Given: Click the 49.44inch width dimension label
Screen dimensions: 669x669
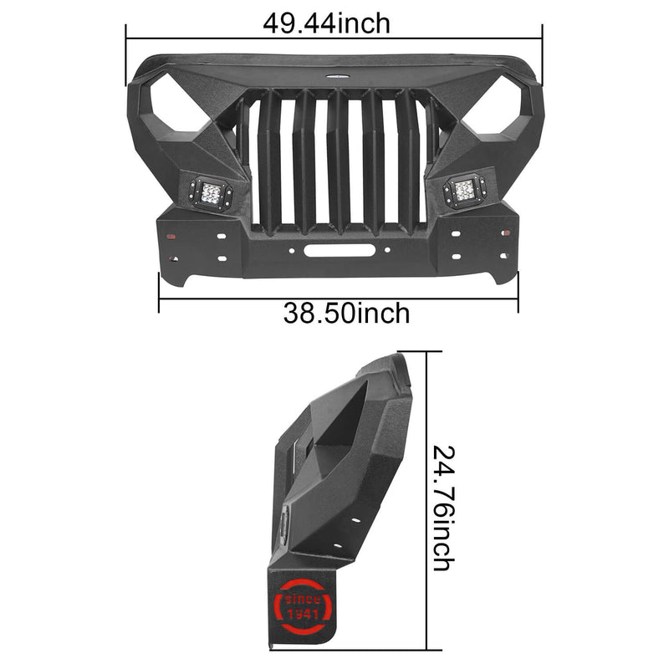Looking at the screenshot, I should click(326, 23).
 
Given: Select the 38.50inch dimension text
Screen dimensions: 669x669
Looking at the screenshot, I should click(346, 314).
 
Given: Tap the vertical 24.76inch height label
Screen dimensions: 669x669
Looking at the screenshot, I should click(444, 508).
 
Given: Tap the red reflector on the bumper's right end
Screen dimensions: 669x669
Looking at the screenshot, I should click(503, 237).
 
